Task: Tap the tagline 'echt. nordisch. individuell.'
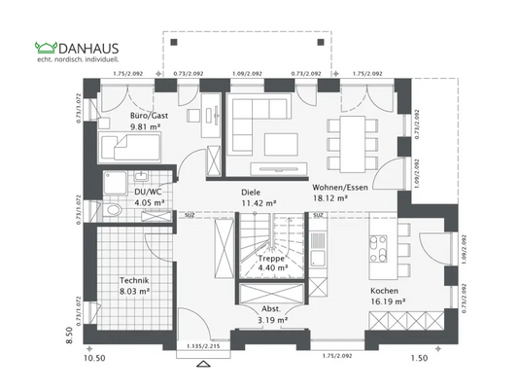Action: (75, 61)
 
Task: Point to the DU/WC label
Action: (147, 193)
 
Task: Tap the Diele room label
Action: (252, 193)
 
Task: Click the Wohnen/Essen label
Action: (339, 186)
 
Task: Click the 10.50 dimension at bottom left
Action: (93, 359)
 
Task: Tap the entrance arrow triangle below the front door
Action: (203, 364)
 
